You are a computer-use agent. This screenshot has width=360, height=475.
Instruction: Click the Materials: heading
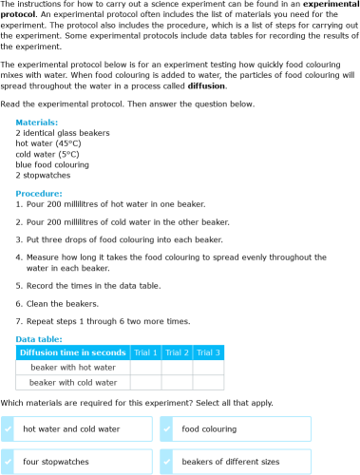click(37, 123)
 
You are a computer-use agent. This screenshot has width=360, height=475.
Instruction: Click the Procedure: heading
click(39, 193)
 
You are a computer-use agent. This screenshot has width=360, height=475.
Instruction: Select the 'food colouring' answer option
click(246, 429)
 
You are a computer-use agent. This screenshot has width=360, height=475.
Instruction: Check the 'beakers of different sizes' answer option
click(246, 462)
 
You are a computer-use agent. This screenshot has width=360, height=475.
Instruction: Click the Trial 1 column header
click(144, 352)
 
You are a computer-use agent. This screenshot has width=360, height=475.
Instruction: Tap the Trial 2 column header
click(177, 352)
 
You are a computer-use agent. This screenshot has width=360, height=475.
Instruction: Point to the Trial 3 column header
click(208, 352)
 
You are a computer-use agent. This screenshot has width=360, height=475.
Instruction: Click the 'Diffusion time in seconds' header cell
click(73, 352)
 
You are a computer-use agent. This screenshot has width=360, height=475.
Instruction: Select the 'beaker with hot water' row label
click(73, 367)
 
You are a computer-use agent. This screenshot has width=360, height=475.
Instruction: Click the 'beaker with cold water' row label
click(73, 382)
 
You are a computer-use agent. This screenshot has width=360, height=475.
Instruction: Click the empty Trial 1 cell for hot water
click(144, 367)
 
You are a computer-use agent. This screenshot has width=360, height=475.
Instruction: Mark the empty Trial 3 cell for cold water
click(208, 382)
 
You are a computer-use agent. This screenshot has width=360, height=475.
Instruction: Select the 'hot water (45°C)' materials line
click(47, 143)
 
